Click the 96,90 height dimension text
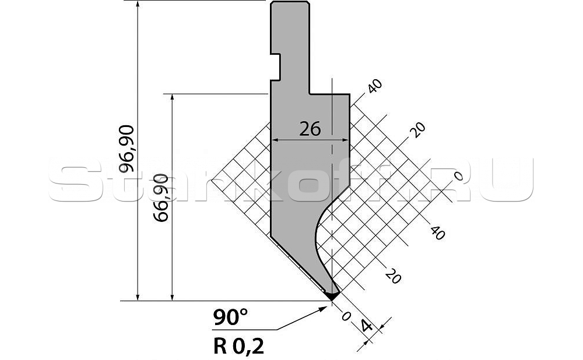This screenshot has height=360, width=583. click(x=127, y=149)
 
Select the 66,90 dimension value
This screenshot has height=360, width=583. click(x=161, y=197)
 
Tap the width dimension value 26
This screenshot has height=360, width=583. click(x=310, y=129)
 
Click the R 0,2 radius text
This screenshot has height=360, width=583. click(x=238, y=346)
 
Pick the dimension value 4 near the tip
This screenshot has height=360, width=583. click(x=367, y=327)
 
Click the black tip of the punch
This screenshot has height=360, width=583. click(x=332, y=295)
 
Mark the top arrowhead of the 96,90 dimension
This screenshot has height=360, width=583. click(x=138, y=5)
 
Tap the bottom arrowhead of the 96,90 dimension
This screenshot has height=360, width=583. click(x=138, y=296)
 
